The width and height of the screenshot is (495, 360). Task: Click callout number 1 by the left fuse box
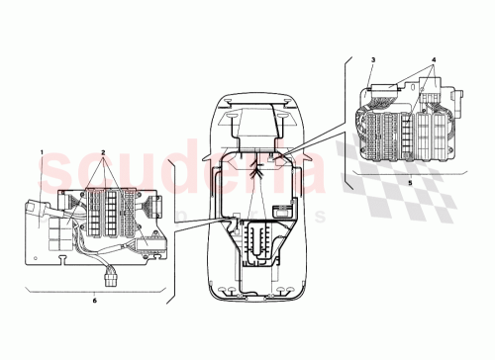(x=43, y=151)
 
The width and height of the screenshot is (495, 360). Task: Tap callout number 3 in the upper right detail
(x=372, y=61)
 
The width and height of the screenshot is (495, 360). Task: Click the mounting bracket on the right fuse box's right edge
(x=460, y=99)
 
